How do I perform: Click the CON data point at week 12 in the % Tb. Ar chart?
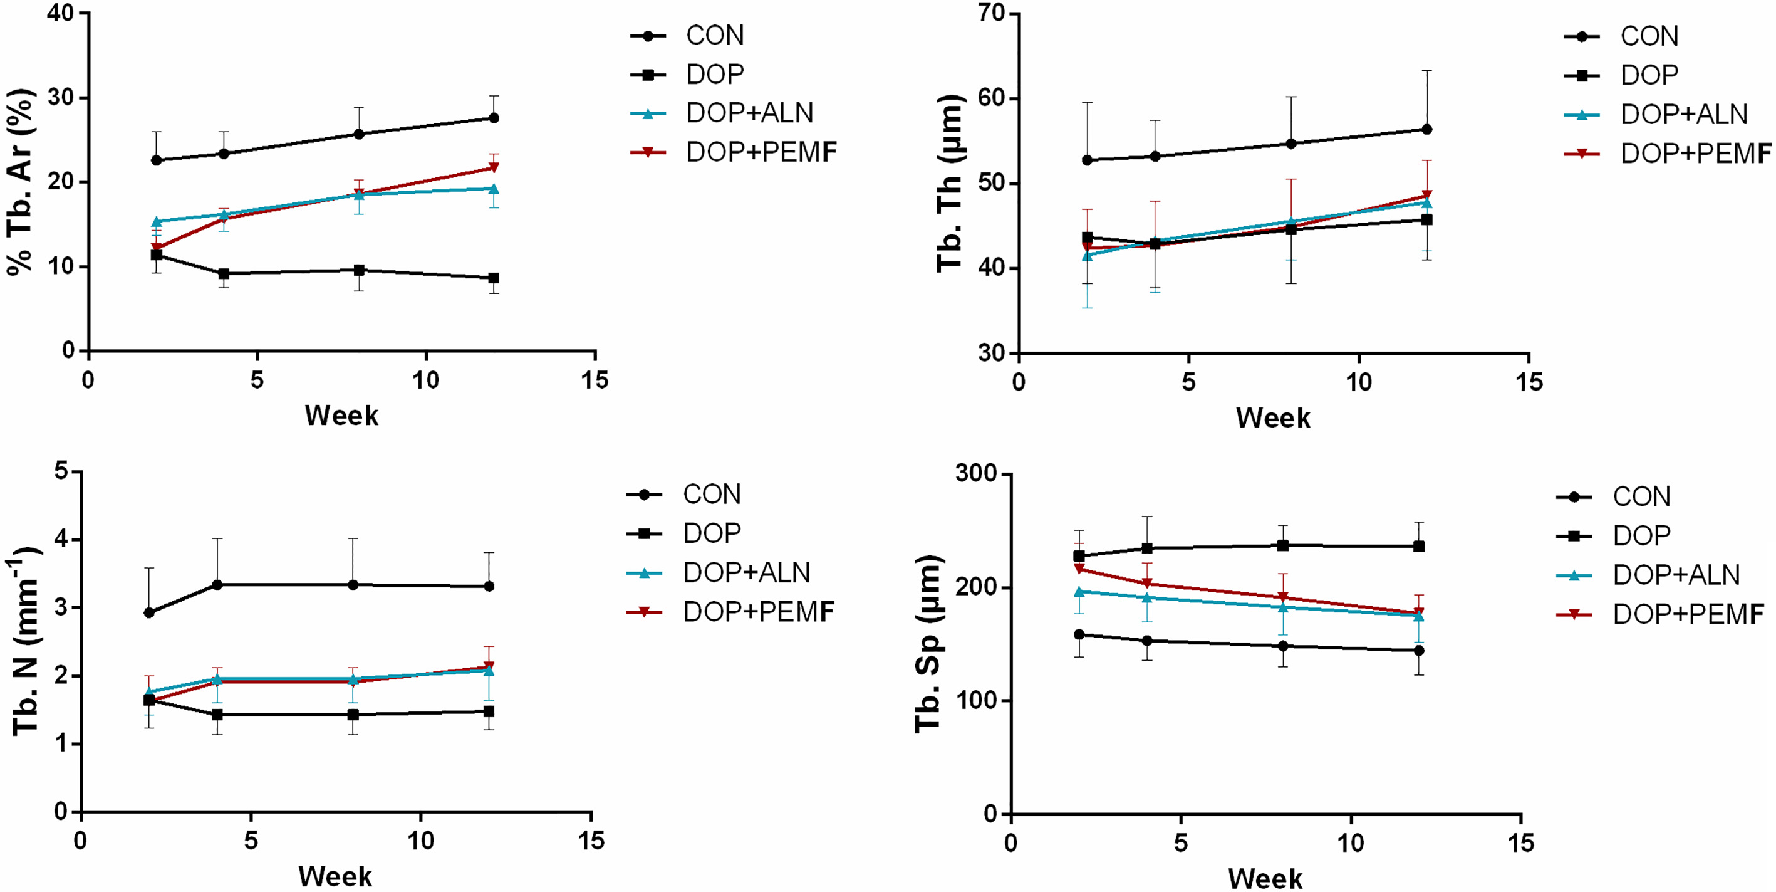(x=494, y=118)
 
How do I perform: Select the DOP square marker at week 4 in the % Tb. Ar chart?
(x=224, y=274)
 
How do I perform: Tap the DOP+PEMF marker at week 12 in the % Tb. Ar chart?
(x=494, y=167)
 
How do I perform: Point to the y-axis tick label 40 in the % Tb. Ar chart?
(x=61, y=13)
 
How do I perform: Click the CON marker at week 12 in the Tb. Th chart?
(x=1427, y=130)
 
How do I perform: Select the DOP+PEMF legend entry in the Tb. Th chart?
(x=1668, y=153)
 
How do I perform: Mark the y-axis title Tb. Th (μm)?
(x=950, y=184)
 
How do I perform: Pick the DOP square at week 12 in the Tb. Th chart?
(x=1427, y=220)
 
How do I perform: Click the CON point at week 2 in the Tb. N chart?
(x=149, y=612)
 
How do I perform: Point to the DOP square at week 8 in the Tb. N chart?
(x=353, y=715)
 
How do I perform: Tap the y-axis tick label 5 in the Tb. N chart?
(x=62, y=472)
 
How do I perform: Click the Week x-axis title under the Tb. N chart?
(x=335, y=877)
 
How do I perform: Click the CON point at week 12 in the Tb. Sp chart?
(x=1419, y=651)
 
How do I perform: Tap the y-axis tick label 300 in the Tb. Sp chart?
(x=975, y=474)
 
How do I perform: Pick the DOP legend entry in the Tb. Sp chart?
(x=1613, y=536)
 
